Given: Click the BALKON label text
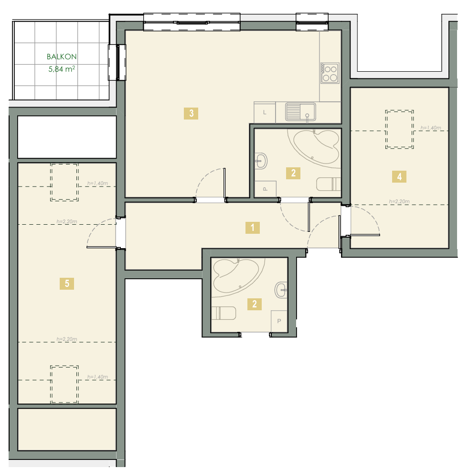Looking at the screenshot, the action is point(62,56).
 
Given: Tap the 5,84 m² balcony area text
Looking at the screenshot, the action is point(62,69).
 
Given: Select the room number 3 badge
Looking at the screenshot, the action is point(191,113).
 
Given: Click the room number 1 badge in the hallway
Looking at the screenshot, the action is point(253,228).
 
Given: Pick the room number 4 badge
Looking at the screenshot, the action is point(399,176).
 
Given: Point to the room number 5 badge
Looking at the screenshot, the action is point(67,284).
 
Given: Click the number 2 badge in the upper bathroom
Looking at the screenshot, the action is point(293,173).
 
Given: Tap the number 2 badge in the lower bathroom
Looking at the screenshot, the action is point(255,304).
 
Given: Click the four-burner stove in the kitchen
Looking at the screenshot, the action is point(330,73).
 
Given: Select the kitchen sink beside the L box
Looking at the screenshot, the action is point(300,112).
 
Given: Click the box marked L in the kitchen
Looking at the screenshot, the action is point(265,113).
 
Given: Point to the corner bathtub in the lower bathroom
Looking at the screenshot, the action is point(236,276).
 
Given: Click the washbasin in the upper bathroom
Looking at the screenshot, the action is point(261,161).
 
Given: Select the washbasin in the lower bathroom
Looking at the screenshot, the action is point(281,290).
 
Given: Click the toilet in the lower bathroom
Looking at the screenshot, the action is point(224,313).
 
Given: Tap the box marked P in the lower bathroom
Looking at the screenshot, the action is point(279,321).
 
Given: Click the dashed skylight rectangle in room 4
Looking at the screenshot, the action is point(399,130).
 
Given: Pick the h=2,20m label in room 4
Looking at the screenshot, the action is point(399,202).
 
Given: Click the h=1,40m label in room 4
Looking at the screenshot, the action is point(431,128).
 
